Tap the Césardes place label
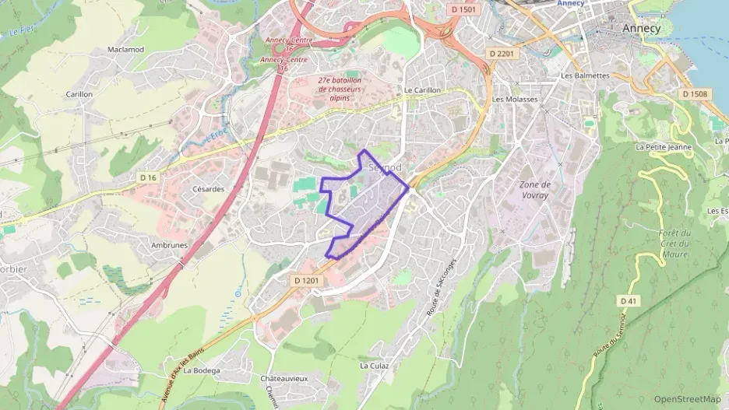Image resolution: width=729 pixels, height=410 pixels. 208,188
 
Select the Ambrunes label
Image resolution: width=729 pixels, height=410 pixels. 169,244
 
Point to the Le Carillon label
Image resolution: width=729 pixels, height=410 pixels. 422,90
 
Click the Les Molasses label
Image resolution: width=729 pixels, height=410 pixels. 515,100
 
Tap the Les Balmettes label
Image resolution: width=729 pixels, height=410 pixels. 585,75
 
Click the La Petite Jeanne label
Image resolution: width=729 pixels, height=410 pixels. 663,146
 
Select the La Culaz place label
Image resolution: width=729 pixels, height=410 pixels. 374,365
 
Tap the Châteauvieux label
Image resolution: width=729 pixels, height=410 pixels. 284,378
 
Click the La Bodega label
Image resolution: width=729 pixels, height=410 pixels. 202,370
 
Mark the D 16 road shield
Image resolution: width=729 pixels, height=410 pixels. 148,178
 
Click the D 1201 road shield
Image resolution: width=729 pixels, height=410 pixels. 308,279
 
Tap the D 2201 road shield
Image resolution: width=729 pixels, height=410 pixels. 502,53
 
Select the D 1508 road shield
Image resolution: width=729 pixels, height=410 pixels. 695,94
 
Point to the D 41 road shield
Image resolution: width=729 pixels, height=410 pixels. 629,300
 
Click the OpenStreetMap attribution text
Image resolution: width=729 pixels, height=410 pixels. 687,399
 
